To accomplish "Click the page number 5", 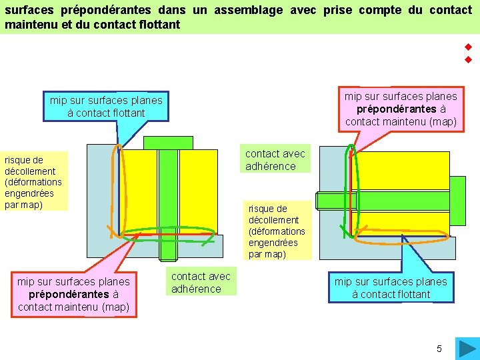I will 439,349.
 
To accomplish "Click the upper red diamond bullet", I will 468,47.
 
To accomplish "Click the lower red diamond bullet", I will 468,60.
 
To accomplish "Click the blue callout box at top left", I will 105,106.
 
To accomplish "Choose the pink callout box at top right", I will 401,109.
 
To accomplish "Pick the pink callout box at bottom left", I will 73,294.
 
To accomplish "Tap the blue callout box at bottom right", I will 391,287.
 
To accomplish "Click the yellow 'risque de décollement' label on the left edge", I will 33,182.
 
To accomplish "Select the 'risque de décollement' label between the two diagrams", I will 277,231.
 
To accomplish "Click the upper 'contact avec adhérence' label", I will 275,160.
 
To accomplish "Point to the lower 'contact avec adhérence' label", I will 201,283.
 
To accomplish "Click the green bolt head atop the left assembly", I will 168,143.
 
